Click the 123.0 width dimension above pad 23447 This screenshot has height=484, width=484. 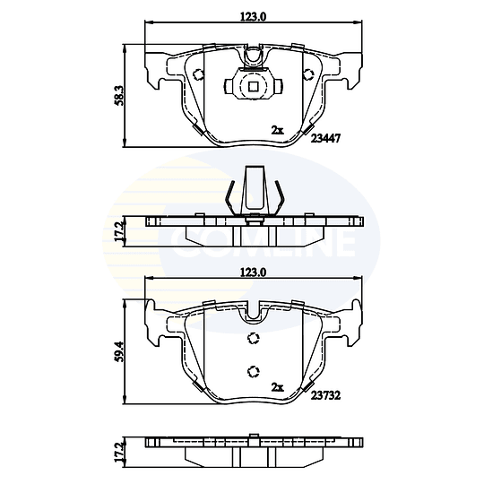[x=253, y=16]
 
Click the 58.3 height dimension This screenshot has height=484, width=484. [x=119, y=96]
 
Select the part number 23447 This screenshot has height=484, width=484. [x=325, y=139]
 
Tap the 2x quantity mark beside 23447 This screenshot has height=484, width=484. [x=277, y=130]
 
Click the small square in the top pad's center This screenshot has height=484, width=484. [x=253, y=86]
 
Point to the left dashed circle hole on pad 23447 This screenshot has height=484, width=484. [x=197, y=74]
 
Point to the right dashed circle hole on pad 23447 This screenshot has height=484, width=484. [x=308, y=74]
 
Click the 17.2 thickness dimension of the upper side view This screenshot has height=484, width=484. [x=119, y=231]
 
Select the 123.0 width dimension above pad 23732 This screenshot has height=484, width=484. [x=253, y=272]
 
